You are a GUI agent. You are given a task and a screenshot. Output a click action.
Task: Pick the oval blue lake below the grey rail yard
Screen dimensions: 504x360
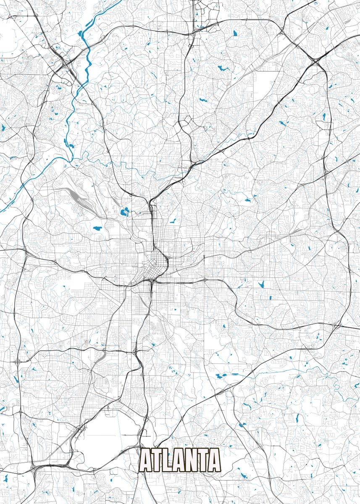pyautogui.click(x=97, y=229)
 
